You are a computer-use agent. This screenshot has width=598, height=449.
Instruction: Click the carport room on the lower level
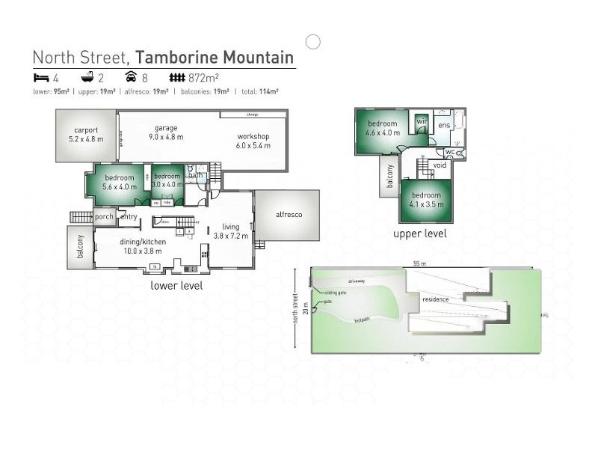86,135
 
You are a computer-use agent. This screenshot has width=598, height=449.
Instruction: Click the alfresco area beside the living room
289,215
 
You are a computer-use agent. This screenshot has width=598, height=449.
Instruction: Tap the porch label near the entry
104,218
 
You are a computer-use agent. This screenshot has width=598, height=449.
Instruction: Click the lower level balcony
81,247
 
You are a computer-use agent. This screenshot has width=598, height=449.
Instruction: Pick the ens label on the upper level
443,125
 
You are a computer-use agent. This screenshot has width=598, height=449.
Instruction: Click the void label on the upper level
440,165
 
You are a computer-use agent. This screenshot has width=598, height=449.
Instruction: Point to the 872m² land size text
203,77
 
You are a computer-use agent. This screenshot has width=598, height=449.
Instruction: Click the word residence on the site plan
435,299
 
